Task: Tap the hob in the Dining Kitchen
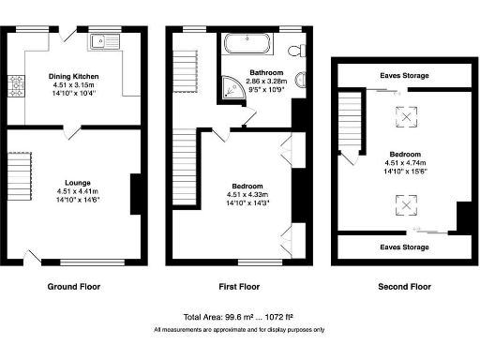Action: point(16,86)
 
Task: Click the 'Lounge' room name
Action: point(77,183)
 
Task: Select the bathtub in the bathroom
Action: point(247,43)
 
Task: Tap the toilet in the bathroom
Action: point(297,48)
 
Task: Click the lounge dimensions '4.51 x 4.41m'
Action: point(77,192)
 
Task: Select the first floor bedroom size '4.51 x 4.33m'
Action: point(247,194)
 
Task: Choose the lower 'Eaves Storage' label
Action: point(404,247)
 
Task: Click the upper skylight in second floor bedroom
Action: point(406,115)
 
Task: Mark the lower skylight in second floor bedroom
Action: point(406,202)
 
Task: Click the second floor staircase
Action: point(350,122)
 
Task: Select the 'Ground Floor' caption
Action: point(73,286)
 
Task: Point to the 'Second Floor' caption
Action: point(405,286)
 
